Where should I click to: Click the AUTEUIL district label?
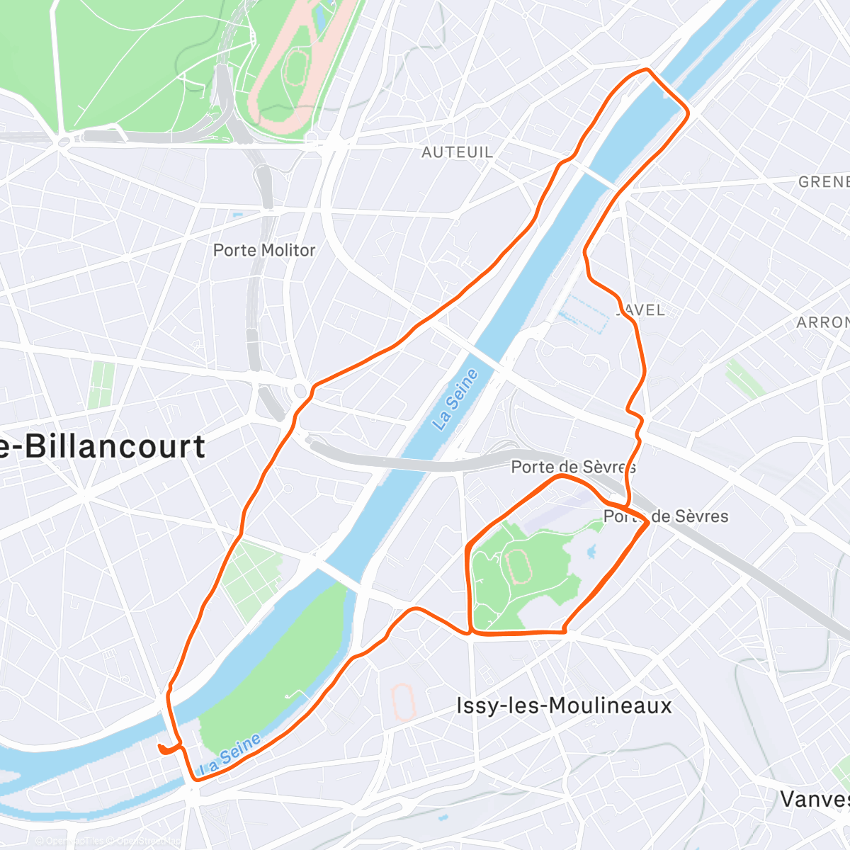tap(457, 152)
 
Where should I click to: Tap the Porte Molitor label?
tap(264, 250)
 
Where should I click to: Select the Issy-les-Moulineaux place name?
tap(564, 705)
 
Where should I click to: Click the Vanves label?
tap(815, 799)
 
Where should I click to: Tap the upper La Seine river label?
tap(456, 400)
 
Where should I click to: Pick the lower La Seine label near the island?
tap(230, 756)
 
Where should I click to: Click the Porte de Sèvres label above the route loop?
tap(573, 467)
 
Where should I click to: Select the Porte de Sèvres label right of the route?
tap(666, 516)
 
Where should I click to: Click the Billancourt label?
tap(103, 447)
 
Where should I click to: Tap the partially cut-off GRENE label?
tap(823, 182)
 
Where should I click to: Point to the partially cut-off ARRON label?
tap(822, 322)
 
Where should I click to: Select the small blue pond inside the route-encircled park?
tap(590, 550)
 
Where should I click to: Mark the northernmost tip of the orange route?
tap(646, 69)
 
